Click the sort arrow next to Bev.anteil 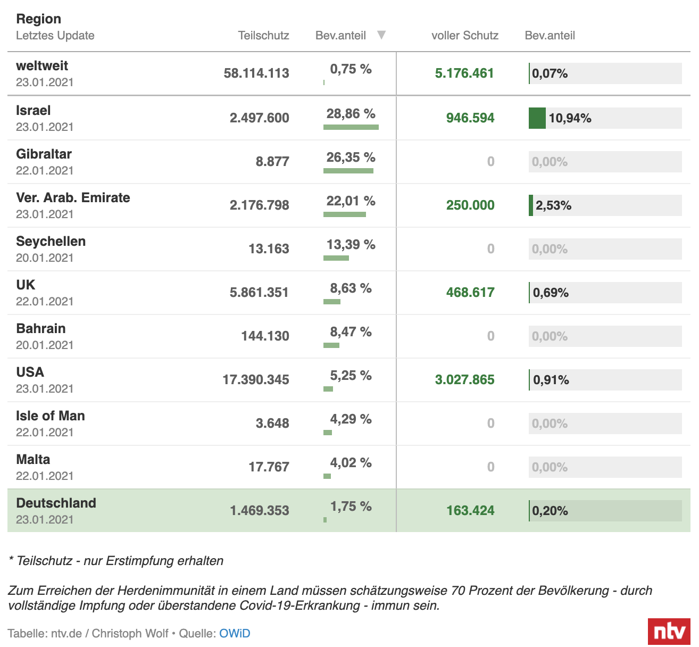click(381, 35)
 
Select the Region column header click(38, 19)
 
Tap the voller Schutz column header click(464, 36)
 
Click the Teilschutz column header click(263, 36)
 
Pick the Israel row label click(34, 111)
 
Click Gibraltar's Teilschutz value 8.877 click(272, 161)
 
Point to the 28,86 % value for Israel click(351, 114)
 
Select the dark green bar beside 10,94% click(537, 118)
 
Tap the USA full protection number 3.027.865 click(464, 379)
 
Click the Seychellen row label click(51, 242)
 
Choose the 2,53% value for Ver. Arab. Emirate click(553, 205)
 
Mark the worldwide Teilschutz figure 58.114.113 click(256, 73)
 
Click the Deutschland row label click(56, 503)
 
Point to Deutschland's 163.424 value click(470, 511)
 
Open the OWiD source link click(235, 633)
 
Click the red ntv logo click(669, 632)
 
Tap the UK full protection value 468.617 click(470, 292)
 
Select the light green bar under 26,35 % click(348, 171)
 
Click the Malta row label click(33, 460)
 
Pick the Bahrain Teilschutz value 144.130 click(265, 336)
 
